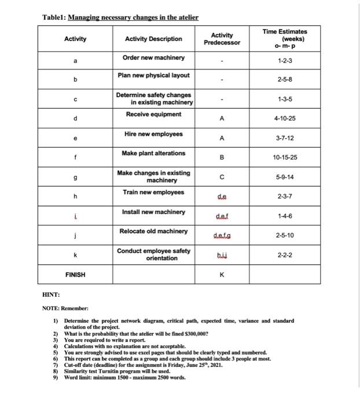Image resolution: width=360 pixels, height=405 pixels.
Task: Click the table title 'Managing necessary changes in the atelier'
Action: click(x=133, y=17)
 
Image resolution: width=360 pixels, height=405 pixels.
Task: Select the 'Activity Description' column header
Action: click(x=153, y=39)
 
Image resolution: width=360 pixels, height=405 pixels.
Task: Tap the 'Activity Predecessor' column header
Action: click(x=222, y=39)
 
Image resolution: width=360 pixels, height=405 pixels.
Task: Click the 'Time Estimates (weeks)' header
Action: click(x=285, y=39)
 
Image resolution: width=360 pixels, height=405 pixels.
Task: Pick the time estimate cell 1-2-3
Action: click(x=285, y=60)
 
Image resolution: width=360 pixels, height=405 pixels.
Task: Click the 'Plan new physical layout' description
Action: click(x=153, y=75)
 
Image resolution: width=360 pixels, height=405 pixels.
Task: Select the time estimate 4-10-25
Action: click(x=285, y=118)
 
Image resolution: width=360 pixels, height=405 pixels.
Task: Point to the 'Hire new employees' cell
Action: click(x=153, y=134)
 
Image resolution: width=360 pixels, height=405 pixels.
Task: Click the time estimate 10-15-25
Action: click(x=285, y=157)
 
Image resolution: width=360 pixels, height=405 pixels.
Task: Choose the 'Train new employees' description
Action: click(x=153, y=192)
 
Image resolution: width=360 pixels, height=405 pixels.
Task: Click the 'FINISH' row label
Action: click(x=75, y=274)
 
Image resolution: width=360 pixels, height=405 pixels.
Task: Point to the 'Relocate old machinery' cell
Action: click(x=153, y=231)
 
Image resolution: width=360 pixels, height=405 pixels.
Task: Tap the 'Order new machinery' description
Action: click(x=153, y=57)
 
